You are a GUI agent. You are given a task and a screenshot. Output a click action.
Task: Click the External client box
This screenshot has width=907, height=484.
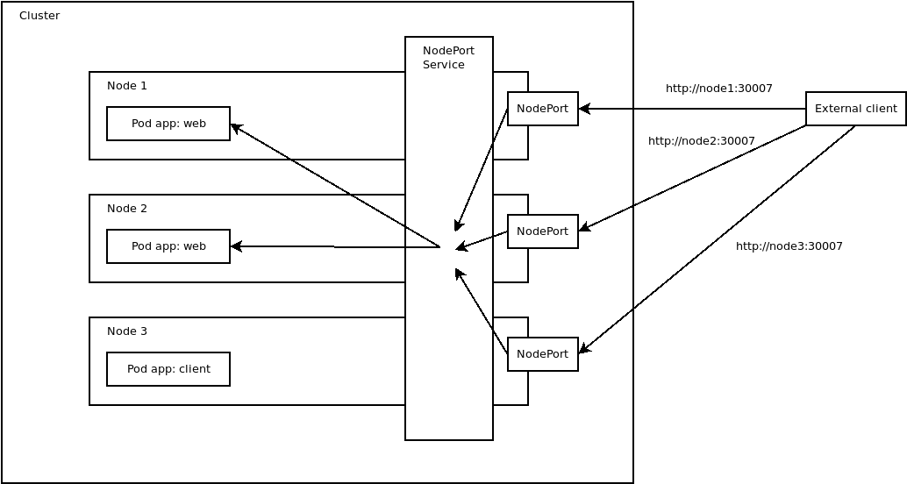coord(855,109)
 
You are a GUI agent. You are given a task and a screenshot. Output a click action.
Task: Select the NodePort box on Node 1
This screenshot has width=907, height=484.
coord(542,109)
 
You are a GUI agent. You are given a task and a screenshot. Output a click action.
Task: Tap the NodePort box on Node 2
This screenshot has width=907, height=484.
coord(542,231)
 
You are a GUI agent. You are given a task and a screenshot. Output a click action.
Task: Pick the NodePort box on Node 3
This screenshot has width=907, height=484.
coord(542,354)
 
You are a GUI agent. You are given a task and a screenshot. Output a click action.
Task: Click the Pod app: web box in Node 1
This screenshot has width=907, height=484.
coord(168,124)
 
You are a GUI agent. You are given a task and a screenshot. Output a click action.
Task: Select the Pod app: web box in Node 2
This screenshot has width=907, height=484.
coord(168,246)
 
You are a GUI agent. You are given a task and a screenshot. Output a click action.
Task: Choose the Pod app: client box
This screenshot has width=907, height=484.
coord(168,369)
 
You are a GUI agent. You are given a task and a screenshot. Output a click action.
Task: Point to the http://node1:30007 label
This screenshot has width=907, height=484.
coord(718,89)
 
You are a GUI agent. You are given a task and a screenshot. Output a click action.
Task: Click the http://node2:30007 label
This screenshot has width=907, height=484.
coord(701,141)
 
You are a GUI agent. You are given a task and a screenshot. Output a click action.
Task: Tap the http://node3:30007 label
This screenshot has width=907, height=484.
coord(789,246)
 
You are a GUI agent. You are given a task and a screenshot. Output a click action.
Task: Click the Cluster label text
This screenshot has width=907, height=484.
coord(39,16)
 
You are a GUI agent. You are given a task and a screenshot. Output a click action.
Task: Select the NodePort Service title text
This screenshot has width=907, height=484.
coord(447,58)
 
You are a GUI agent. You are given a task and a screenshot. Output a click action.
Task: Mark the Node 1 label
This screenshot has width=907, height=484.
coord(127,86)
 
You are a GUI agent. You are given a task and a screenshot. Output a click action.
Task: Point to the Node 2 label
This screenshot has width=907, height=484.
coord(127,209)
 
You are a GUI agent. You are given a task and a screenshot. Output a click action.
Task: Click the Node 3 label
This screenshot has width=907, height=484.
coord(127,331)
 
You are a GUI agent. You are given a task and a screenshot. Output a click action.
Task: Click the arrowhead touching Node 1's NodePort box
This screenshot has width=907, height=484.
coord(584,109)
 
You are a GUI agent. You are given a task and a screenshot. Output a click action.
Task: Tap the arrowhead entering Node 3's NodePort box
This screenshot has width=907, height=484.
coord(584,349)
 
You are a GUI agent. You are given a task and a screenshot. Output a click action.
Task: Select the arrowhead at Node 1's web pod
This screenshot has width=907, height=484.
coord(236,128)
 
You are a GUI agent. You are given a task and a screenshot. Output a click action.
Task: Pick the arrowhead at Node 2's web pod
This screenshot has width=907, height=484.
coord(236,246)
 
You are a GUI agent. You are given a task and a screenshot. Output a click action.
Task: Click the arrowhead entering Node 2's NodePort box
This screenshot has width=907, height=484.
coord(584,229)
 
